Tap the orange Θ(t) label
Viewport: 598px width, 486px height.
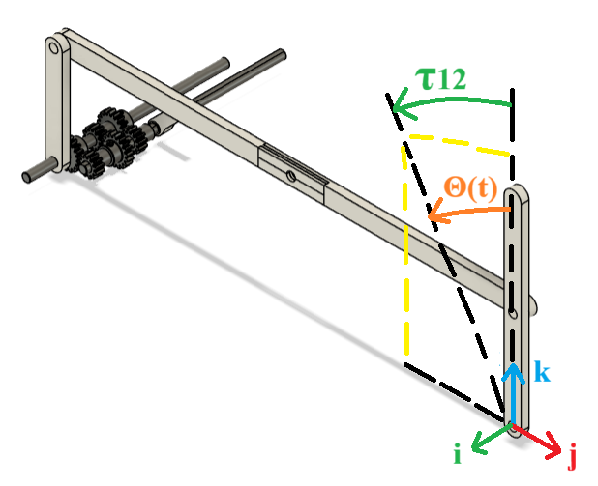(471, 188)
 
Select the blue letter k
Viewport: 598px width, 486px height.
(542, 371)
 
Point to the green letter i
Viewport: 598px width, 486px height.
(458, 454)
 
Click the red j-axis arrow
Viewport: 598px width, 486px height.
(537, 441)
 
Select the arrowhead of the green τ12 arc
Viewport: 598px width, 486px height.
(401, 104)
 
